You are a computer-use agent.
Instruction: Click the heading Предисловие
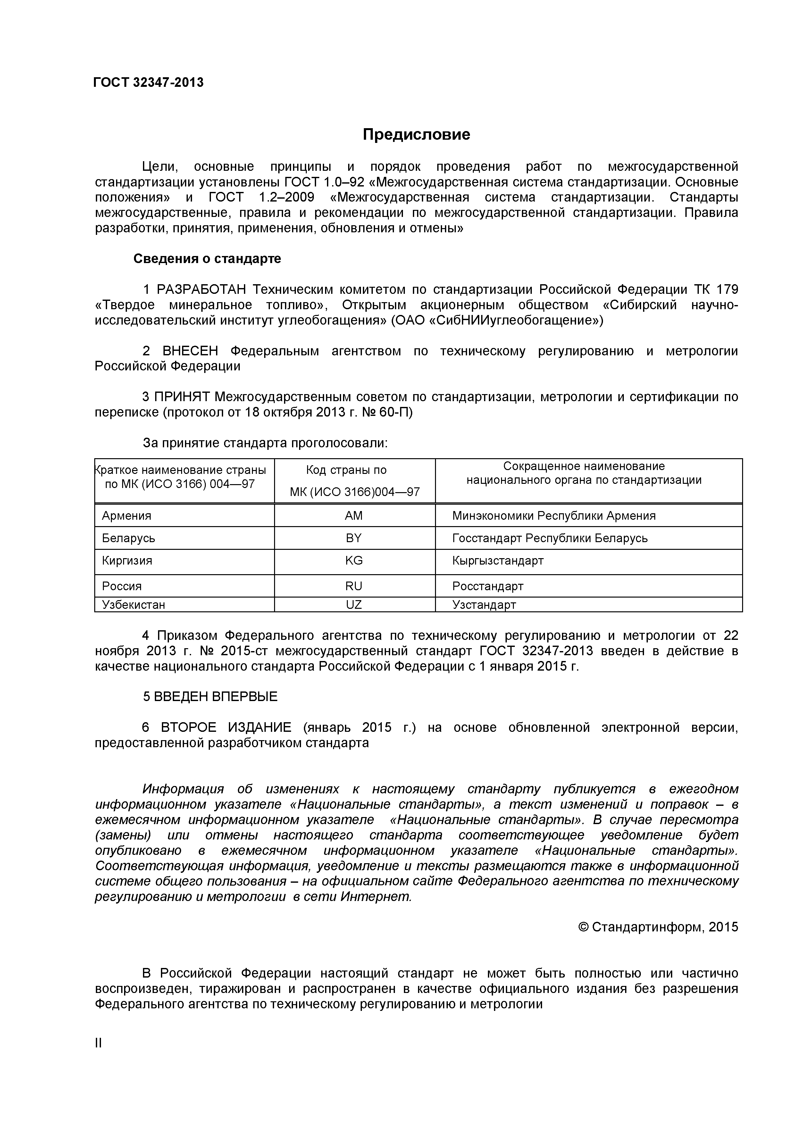click(x=416, y=134)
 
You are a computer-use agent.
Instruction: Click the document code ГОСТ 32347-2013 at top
click(x=148, y=83)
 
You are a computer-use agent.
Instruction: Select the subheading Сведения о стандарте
click(x=207, y=259)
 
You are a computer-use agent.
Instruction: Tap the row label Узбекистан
click(x=133, y=605)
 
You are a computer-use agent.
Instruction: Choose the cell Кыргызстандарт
click(x=498, y=560)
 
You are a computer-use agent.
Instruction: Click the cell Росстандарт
click(x=488, y=586)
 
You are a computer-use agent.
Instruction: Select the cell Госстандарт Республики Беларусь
click(x=549, y=538)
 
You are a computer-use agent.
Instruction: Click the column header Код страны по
click(x=346, y=470)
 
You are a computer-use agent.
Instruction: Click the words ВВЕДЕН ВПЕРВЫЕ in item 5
click(x=215, y=697)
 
